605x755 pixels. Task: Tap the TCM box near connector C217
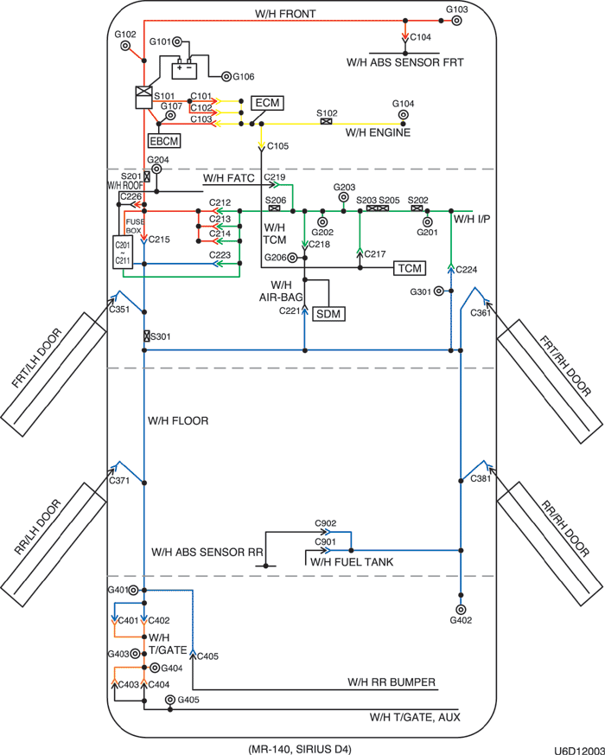tap(411, 268)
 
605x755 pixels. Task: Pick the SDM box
tap(328, 312)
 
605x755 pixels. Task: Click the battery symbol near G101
tap(183, 66)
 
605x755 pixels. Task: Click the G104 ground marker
tap(403, 114)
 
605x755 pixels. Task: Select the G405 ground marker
tap(170, 700)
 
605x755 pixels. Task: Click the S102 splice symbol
tap(327, 122)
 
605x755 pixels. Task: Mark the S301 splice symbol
tap(148, 336)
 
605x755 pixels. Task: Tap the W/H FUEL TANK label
tap(353, 561)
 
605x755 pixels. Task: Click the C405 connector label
tap(208, 656)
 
